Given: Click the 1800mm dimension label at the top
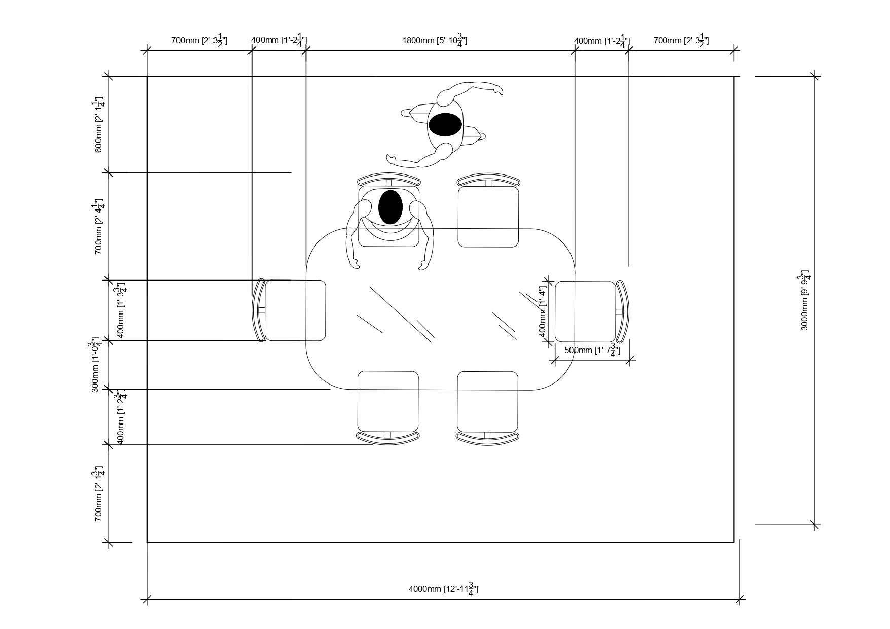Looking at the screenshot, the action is click(x=435, y=40).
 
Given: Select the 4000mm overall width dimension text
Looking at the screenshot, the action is click(x=443, y=589).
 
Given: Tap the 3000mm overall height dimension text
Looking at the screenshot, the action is click(x=805, y=300).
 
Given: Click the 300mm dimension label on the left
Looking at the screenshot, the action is click(x=95, y=364).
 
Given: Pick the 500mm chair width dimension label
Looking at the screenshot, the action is click(x=592, y=351).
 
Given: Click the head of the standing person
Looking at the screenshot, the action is click(x=445, y=124).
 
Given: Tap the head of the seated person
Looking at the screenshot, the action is click(x=390, y=207).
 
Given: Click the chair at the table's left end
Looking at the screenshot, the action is click(x=289, y=310).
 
